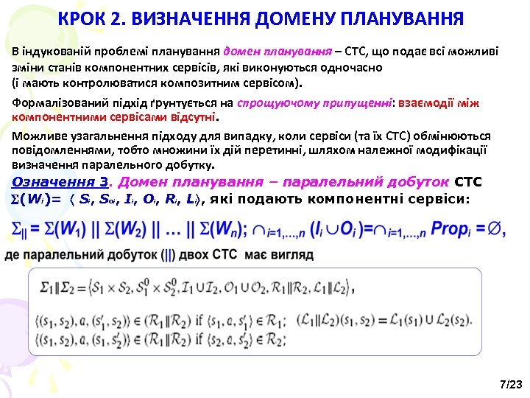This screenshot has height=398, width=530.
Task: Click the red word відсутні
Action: (x=193, y=116)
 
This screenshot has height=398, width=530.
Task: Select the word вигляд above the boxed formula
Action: (x=290, y=255)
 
